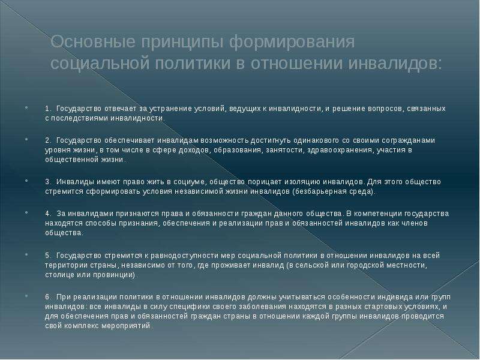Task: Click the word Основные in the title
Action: (93, 41)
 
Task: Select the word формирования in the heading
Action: (292, 42)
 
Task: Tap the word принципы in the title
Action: (182, 43)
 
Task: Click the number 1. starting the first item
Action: (47, 109)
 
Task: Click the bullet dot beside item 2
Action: (26, 139)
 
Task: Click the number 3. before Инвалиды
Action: (48, 182)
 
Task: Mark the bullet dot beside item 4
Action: (26, 212)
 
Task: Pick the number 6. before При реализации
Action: (48, 297)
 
